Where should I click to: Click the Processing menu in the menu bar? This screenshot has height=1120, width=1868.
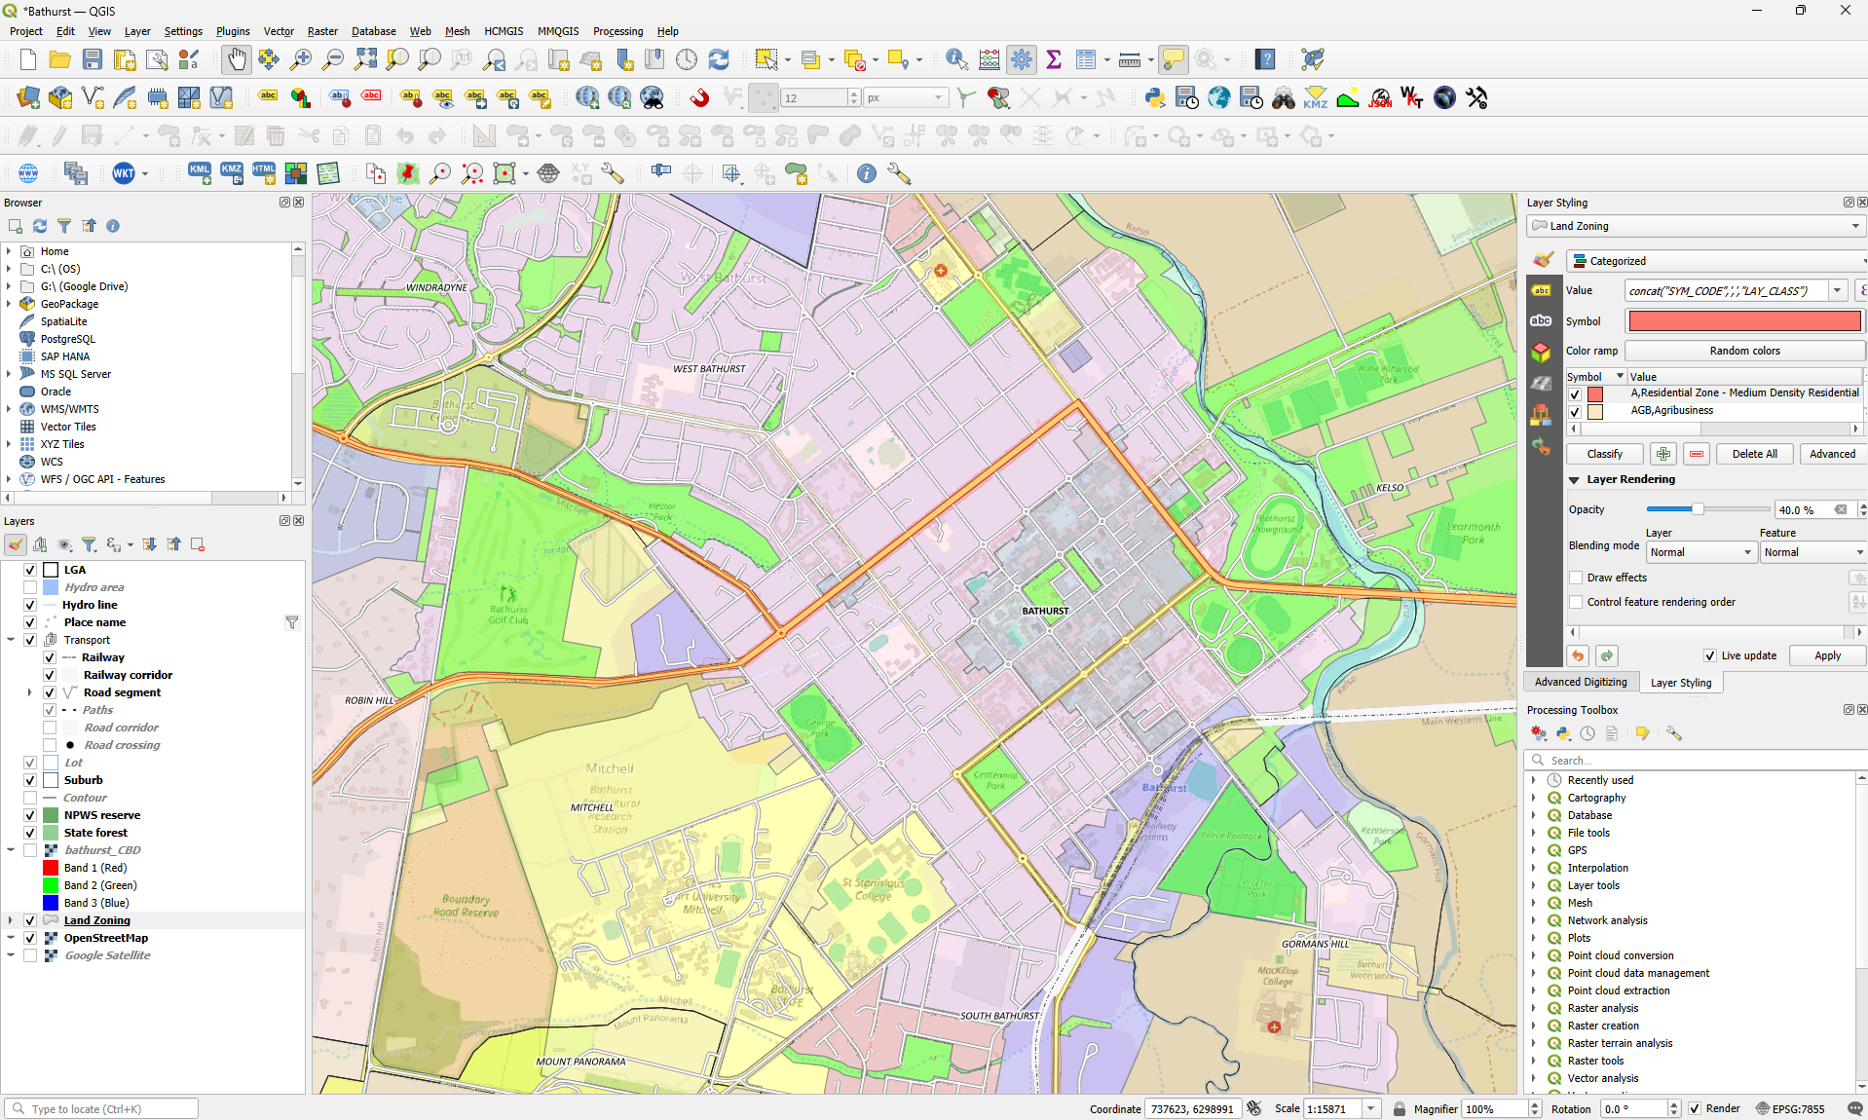[617, 31]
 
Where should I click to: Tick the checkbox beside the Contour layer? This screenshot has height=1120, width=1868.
[30, 798]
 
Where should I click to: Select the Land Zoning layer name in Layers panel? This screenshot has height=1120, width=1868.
[96, 920]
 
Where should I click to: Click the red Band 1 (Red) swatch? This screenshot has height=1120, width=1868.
[51, 868]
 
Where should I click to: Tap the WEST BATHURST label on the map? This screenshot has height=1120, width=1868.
[709, 369]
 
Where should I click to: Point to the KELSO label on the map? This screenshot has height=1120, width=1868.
[1390, 488]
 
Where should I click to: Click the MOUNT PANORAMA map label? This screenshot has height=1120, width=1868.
[580, 1062]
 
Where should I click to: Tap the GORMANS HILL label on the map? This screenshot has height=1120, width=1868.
[1315, 944]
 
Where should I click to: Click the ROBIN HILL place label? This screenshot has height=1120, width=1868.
[369, 700]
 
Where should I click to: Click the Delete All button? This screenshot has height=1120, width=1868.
[1754, 454]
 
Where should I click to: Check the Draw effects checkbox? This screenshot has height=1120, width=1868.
[1576, 578]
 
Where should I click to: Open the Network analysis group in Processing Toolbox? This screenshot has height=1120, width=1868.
[1607, 920]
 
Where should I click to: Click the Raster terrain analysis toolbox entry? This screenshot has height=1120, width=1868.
[1620, 1043]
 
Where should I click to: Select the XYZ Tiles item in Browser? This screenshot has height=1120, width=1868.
[62, 444]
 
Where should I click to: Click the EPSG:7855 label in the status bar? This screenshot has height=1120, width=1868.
[1798, 1109]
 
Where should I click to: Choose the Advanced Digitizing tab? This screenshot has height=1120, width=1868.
[1581, 682]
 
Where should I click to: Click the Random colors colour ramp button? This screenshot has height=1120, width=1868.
[1743, 351]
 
